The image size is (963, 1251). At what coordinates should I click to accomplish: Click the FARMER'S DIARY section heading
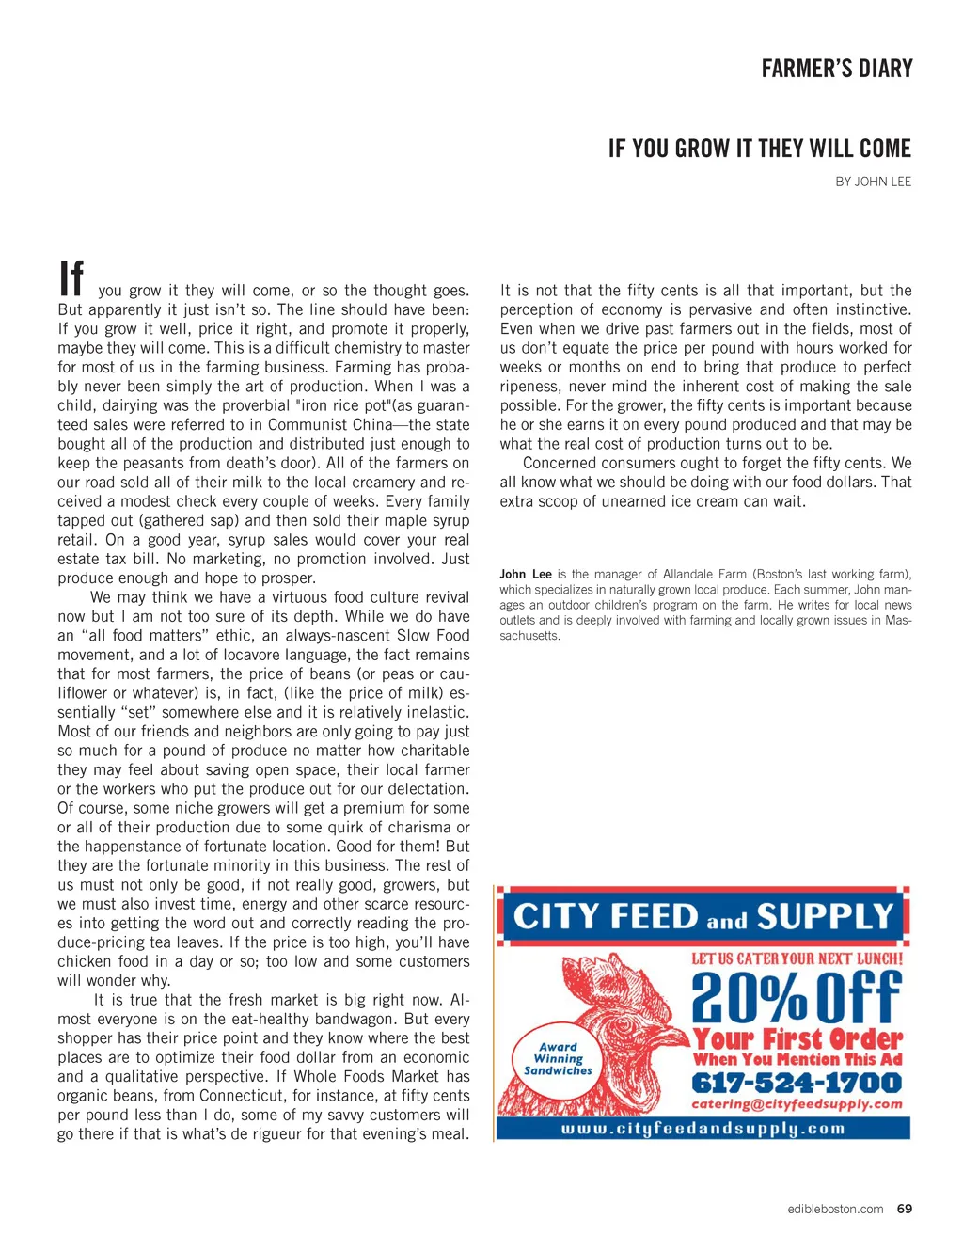click(836, 69)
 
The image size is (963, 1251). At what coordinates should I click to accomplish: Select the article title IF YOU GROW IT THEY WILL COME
click(759, 149)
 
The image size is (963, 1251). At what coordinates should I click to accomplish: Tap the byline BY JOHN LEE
click(873, 182)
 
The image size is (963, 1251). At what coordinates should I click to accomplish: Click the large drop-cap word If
click(71, 279)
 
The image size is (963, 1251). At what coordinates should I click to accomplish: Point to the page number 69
click(904, 1209)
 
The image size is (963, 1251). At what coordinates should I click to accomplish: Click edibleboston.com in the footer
click(835, 1209)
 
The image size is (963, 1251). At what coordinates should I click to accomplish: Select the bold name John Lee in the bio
click(526, 574)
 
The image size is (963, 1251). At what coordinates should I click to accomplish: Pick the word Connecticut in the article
click(251, 1096)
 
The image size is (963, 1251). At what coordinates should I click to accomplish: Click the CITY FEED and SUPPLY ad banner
click(703, 916)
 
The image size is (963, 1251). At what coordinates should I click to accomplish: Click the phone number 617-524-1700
click(797, 1083)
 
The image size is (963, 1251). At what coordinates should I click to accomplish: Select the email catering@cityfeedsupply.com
click(797, 1104)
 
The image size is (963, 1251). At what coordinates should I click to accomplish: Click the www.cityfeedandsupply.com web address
click(703, 1128)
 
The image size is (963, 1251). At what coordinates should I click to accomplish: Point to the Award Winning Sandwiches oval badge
click(558, 1058)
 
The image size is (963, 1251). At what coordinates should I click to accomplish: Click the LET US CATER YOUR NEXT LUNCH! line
click(797, 958)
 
